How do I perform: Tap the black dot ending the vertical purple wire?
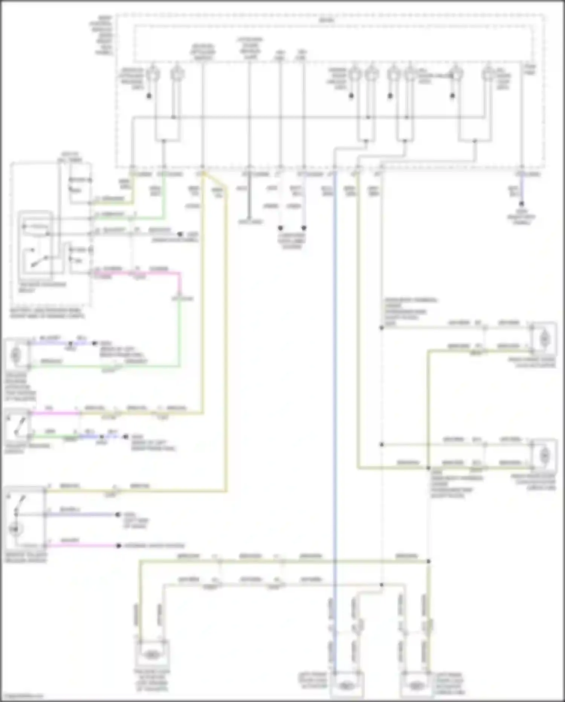pyautogui.click(x=522, y=204)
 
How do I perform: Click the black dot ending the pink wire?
pyautogui.click(x=119, y=545)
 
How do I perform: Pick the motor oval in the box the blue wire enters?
pyautogui.click(x=345, y=685)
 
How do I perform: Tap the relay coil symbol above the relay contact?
pyautogui.click(x=36, y=227)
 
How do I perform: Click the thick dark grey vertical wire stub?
pyautogui.click(x=249, y=200)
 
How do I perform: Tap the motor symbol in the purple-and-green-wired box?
pyautogui.click(x=16, y=355)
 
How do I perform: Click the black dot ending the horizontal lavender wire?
pyautogui.click(x=118, y=515)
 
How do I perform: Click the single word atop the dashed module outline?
pyautogui.click(x=326, y=20)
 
